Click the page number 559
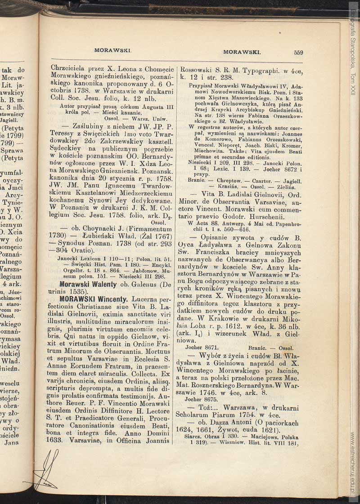[x=298, y=52]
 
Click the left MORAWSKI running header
[x=112, y=50]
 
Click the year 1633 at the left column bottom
[x=60, y=441]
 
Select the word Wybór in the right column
[x=211, y=356]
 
